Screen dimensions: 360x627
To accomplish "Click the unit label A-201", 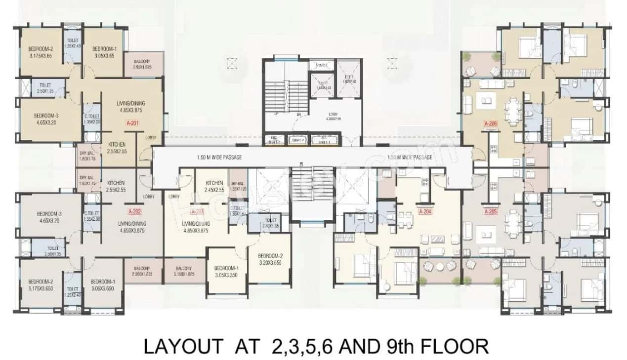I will point(132,123).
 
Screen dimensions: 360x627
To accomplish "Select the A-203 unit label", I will point(197,212).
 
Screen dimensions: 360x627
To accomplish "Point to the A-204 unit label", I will point(424,212).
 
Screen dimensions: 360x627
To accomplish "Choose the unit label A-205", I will point(489,212).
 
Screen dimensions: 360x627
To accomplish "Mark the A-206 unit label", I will point(489,124).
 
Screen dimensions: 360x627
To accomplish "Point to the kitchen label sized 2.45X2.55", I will point(214,186).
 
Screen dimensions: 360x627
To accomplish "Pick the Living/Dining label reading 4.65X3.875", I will point(129,107).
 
